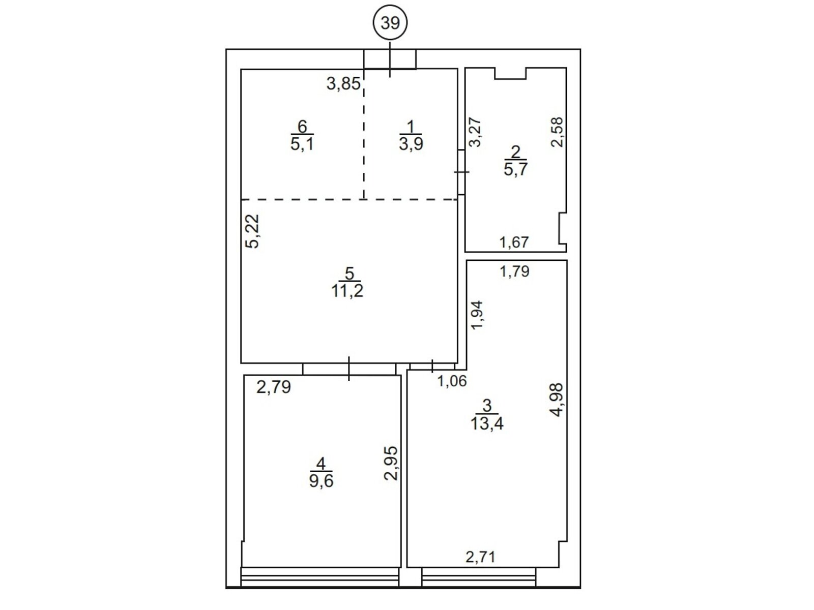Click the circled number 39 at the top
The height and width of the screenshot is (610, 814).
click(x=390, y=23)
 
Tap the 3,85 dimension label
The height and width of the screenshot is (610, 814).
click(x=343, y=84)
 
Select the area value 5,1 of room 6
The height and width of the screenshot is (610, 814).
click(x=302, y=144)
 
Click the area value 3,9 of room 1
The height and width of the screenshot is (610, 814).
click(x=411, y=144)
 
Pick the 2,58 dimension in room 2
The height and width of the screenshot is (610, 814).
click(x=557, y=132)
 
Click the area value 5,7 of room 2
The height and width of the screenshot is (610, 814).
click(x=515, y=169)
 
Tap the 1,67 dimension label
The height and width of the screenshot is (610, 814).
click(x=514, y=242)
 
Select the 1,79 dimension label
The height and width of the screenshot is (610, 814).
click(x=514, y=271)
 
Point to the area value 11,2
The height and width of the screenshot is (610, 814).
click(x=347, y=291)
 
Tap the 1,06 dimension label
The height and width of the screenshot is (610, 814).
click(x=452, y=381)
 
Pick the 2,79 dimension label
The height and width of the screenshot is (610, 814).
click(x=274, y=387)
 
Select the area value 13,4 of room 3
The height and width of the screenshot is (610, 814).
click(x=487, y=423)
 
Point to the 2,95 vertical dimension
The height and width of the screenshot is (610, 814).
click(x=391, y=463)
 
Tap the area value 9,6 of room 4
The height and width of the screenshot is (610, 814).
click(x=321, y=481)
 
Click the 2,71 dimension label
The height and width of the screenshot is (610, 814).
click(x=481, y=567)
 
